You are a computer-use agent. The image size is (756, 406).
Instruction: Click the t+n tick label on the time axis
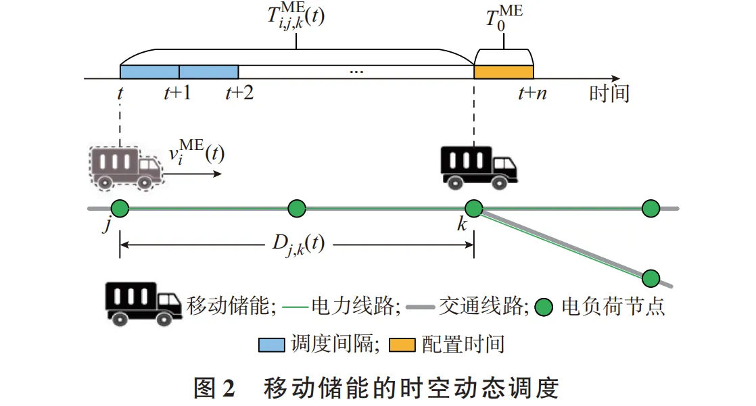click(532, 94)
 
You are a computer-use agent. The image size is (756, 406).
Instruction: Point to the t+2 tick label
click(239, 94)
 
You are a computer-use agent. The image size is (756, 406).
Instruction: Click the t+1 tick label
click(177, 94)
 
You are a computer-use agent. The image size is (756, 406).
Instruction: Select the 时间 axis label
click(609, 93)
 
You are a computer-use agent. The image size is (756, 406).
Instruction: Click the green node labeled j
click(120, 209)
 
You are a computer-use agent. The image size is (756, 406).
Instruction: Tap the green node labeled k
click(473, 209)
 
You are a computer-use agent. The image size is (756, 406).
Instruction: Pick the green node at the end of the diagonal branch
click(651, 278)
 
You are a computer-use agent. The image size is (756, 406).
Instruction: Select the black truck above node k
click(478, 166)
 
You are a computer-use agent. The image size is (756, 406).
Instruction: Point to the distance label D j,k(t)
click(295, 245)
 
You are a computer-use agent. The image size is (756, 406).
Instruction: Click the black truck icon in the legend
click(142, 303)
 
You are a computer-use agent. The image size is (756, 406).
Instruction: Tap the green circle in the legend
click(544, 307)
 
